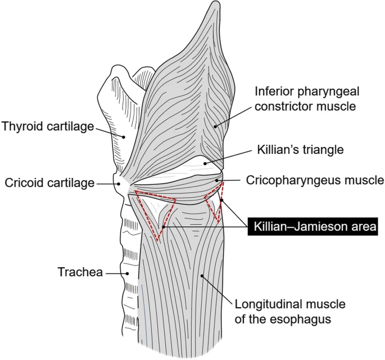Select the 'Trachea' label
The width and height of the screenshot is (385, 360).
coord(80,273)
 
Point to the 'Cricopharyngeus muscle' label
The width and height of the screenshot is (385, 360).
coord(315,181)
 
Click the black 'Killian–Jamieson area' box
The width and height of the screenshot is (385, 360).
coord(314,226)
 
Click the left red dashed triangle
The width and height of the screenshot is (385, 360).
coord(155,212)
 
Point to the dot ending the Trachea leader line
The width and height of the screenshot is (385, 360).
coord(127,274)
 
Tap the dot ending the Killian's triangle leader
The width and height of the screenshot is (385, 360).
coord(206,164)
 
